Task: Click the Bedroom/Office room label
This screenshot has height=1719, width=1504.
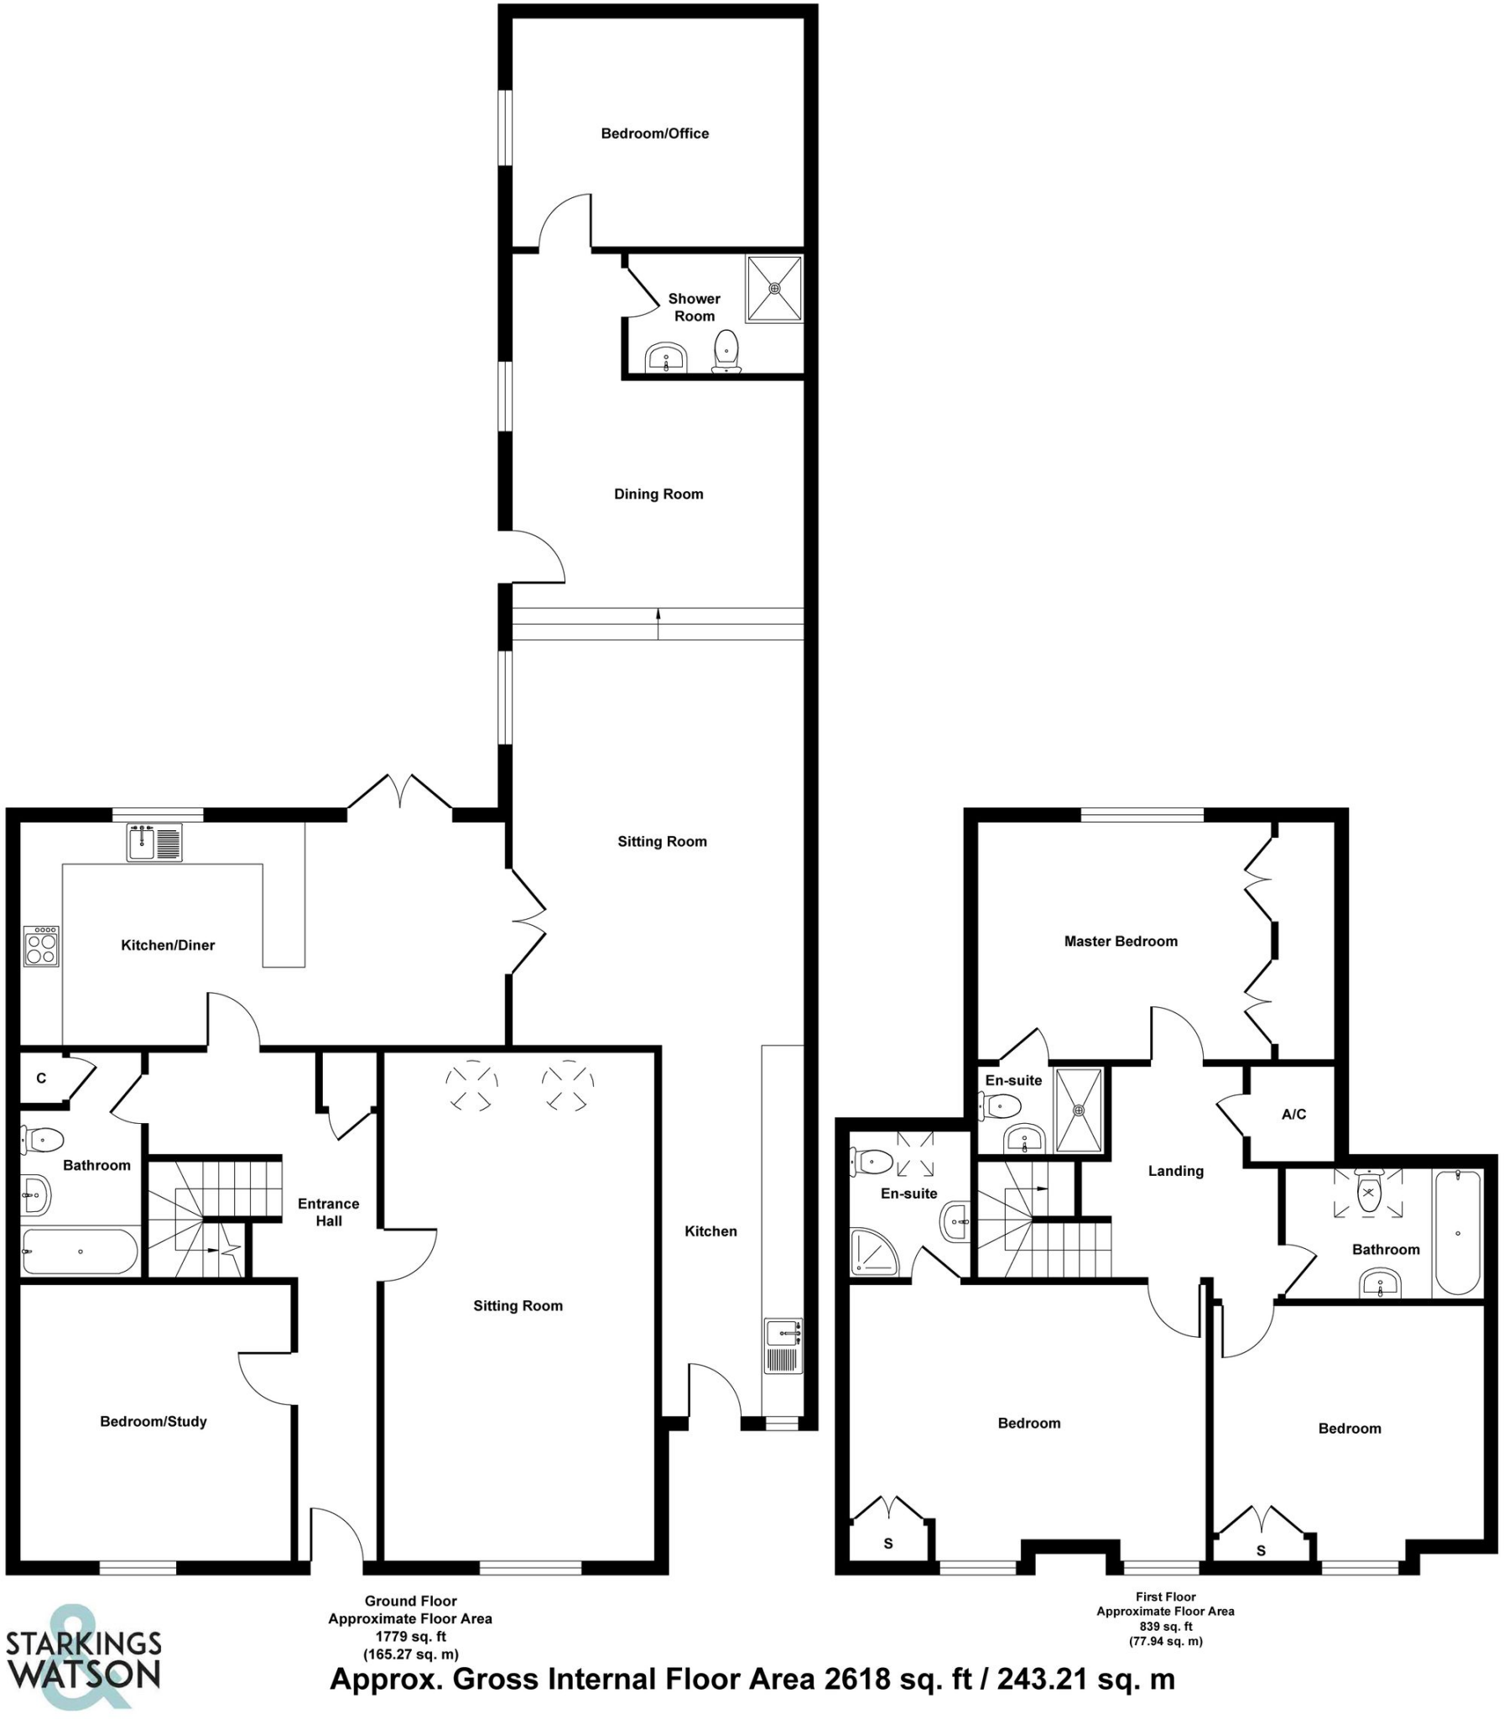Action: pyautogui.click(x=654, y=133)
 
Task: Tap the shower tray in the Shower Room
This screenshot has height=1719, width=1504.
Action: pyautogui.click(x=774, y=289)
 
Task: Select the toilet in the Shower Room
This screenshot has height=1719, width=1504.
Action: pyautogui.click(x=726, y=350)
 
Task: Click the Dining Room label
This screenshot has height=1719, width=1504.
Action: pyautogui.click(x=658, y=494)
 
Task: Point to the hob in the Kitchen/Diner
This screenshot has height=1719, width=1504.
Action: pyautogui.click(x=41, y=947)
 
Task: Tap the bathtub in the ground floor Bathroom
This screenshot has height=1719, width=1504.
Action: pyautogui.click(x=80, y=1251)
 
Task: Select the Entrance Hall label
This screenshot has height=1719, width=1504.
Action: pyautogui.click(x=328, y=1212)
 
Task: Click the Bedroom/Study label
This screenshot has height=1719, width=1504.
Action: pyautogui.click(x=153, y=1422)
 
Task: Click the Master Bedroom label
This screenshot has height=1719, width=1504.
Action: pyautogui.click(x=1121, y=942)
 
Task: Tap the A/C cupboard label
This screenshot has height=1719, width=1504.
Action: pyautogui.click(x=1293, y=1115)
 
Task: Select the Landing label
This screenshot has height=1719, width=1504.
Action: pyautogui.click(x=1175, y=1171)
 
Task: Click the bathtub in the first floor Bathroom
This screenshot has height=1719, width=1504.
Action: pyautogui.click(x=1458, y=1233)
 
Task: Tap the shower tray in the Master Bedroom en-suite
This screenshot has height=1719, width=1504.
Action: pyautogui.click(x=1079, y=1110)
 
